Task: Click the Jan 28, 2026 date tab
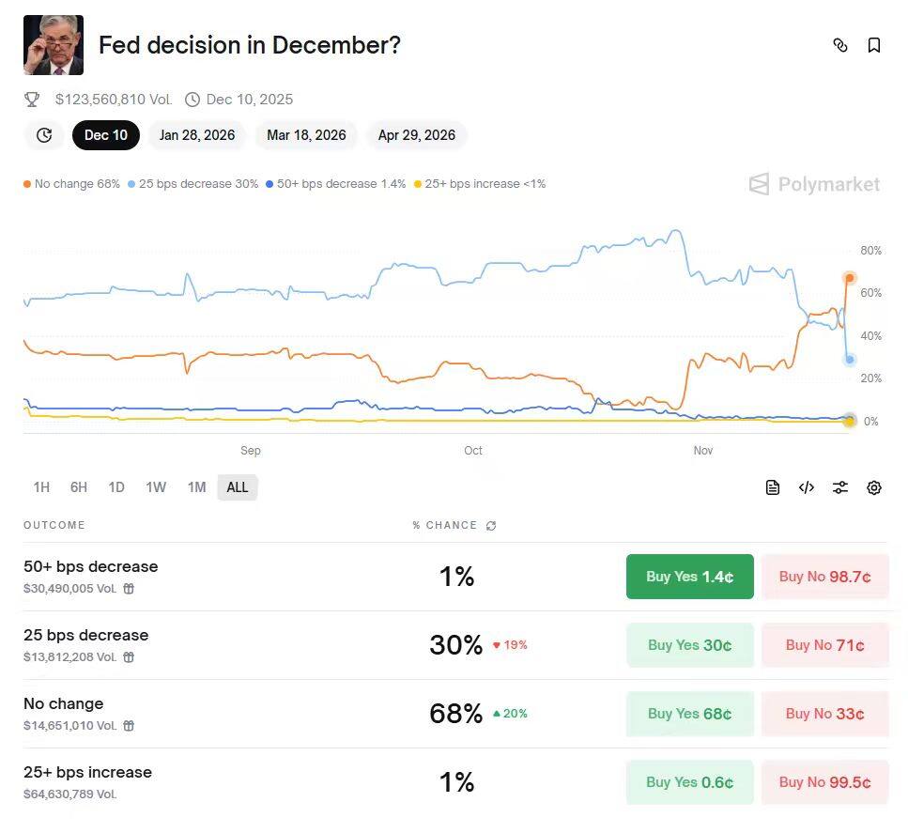(x=197, y=135)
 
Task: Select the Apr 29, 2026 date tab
(x=416, y=135)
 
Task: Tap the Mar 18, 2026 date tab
(x=306, y=135)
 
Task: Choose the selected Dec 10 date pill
(x=106, y=135)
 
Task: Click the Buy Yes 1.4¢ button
(x=689, y=577)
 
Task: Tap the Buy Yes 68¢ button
(x=689, y=714)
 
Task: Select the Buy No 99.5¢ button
(x=824, y=782)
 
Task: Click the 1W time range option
(x=156, y=487)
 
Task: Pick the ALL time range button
(x=238, y=487)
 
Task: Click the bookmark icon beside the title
(x=874, y=45)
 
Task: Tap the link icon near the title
(x=840, y=45)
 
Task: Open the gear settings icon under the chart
(x=874, y=487)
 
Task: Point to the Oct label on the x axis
(x=473, y=451)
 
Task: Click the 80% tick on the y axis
(x=870, y=251)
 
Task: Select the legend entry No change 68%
(x=72, y=184)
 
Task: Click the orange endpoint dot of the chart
(x=850, y=278)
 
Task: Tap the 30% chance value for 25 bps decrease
(x=455, y=645)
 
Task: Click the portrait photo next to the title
(x=54, y=45)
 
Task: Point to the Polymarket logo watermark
(x=815, y=184)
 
